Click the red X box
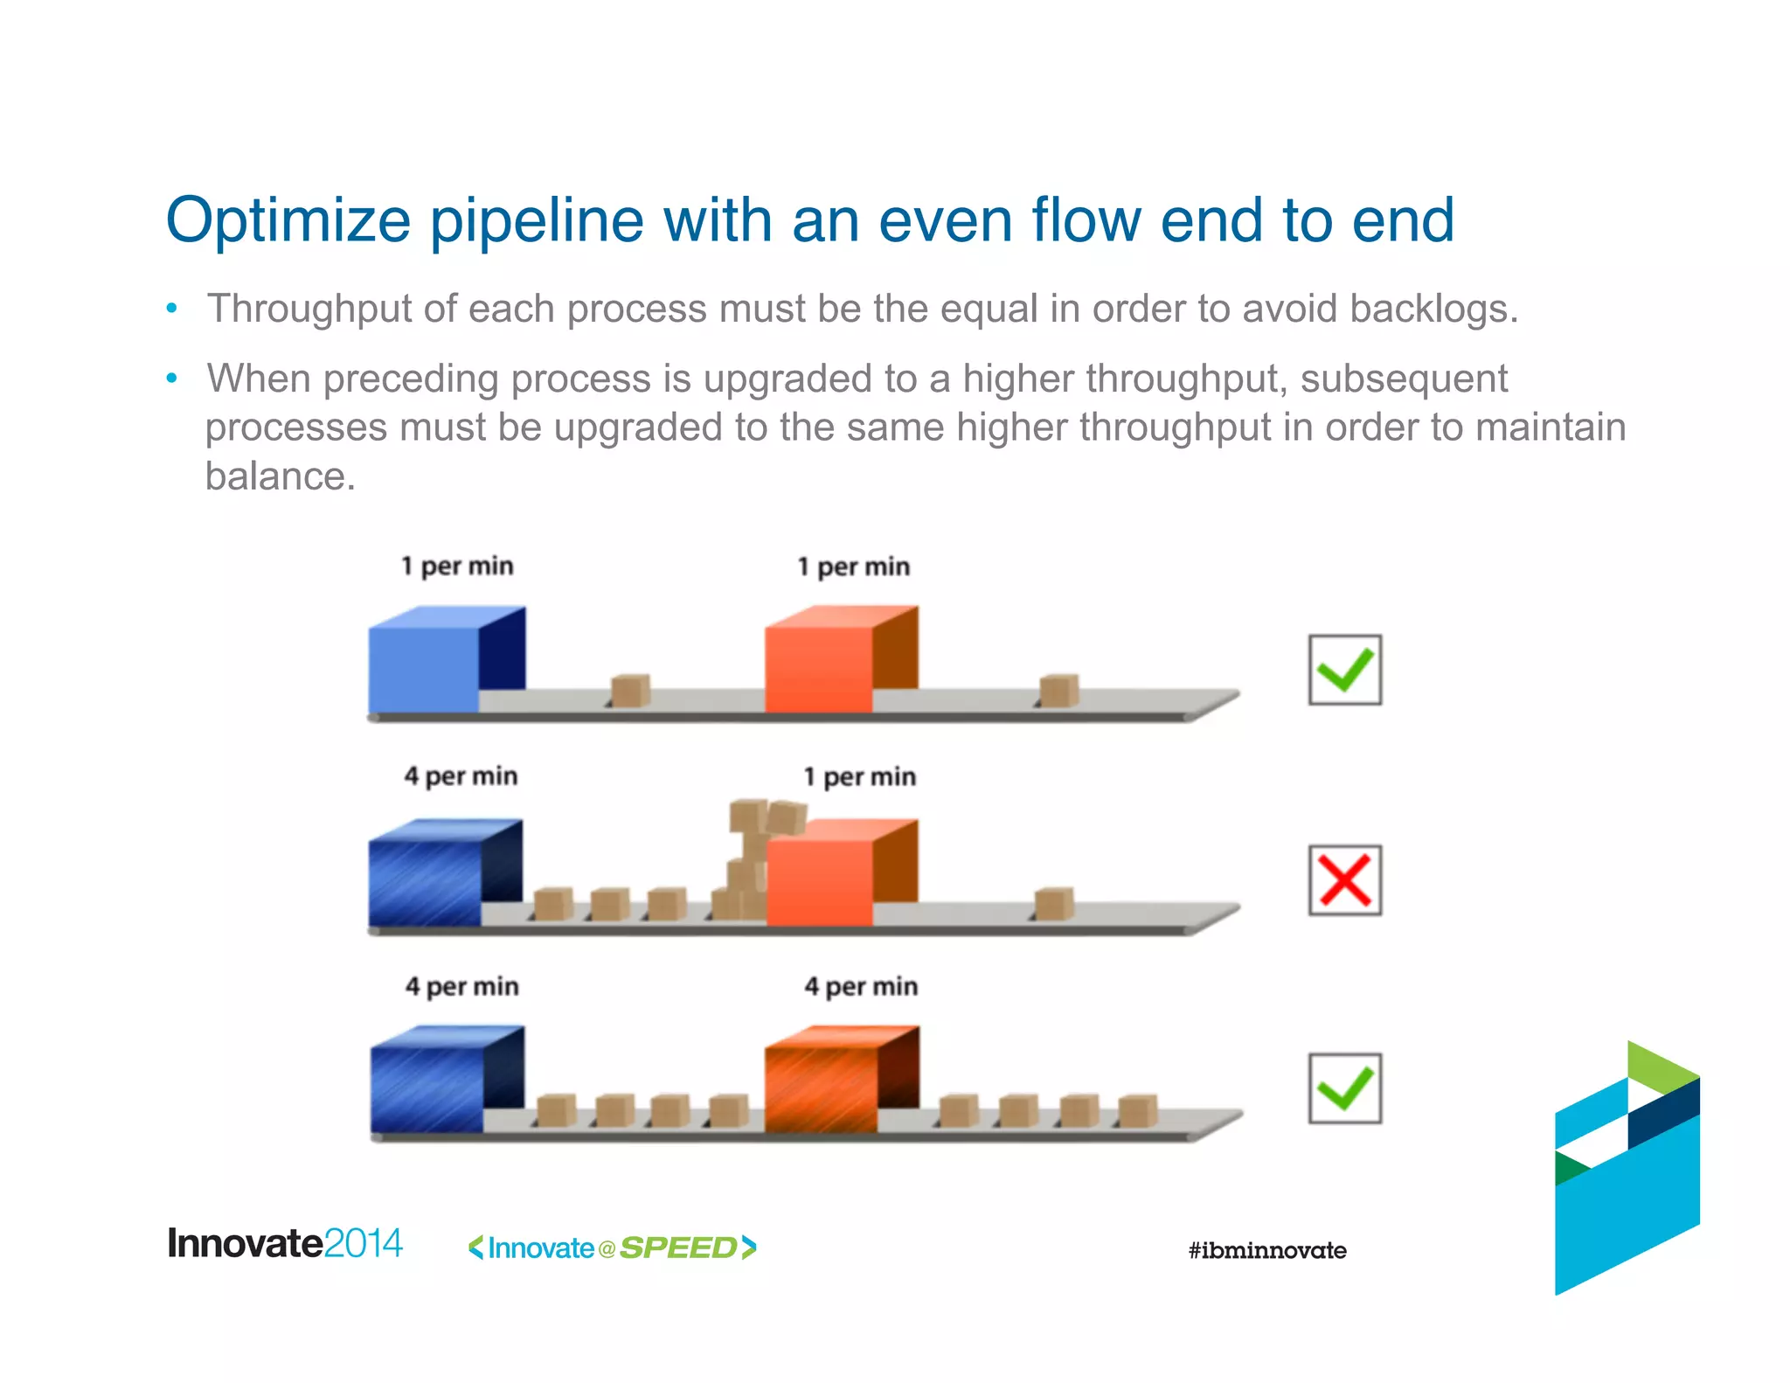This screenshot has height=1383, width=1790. tap(1344, 879)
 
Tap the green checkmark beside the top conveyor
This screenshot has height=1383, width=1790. tap(1344, 670)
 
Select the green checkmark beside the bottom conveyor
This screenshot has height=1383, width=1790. tap(1344, 1088)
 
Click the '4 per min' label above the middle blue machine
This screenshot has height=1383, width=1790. tap(461, 776)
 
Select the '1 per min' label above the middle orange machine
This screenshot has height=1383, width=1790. tap(859, 777)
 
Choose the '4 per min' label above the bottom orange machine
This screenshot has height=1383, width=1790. tap(861, 987)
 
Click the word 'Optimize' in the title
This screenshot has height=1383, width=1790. tap(288, 220)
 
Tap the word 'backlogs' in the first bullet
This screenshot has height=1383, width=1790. tap(1433, 309)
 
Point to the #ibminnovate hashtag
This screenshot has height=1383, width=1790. tap(1266, 1250)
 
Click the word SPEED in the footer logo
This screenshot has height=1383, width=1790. tap(678, 1247)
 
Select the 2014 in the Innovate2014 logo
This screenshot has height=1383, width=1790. tap(363, 1243)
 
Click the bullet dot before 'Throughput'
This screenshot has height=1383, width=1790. tap(172, 309)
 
